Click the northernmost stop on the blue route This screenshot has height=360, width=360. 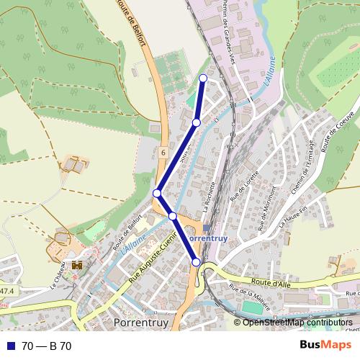click(203, 78)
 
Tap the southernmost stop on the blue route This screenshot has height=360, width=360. click(196, 263)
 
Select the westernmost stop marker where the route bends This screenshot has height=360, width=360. click(157, 193)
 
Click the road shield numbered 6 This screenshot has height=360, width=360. click(164, 153)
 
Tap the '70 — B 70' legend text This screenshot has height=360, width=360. click(46, 346)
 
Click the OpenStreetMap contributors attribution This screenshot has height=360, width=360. click(295, 322)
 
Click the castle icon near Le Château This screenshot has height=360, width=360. click(76, 264)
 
